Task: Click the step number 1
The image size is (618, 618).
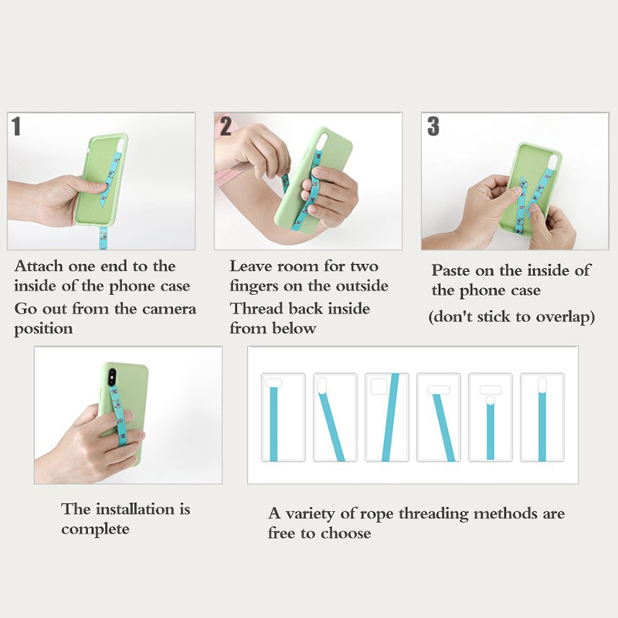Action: [x=16, y=126]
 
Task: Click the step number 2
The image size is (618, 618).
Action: [x=226, y=126]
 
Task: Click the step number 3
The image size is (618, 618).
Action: [x=433, y=126]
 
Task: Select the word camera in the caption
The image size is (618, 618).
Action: [x=168, y=308]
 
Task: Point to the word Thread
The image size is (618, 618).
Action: [x=256, y=308]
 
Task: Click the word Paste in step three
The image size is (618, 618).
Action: [x=451, y=270]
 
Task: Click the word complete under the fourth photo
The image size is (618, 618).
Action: [x=95, y=529]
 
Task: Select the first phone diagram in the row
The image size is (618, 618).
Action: [x=283, y=417]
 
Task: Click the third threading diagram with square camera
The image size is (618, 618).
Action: [x=387, y=417]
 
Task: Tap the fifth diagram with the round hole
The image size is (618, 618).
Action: [x=491, y=417]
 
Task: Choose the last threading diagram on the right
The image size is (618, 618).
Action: [x=542, y=417]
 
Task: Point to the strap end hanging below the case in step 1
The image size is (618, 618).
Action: [x=104, y=238]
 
